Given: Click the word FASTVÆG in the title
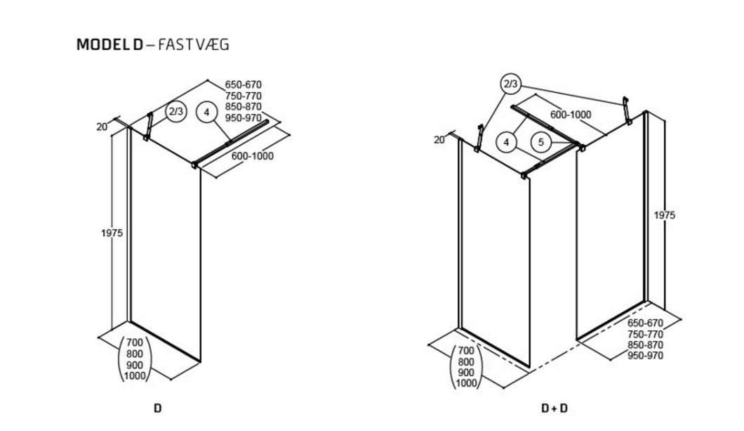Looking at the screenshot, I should (x=194, y=45).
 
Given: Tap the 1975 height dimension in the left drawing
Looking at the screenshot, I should (x=111, y=233).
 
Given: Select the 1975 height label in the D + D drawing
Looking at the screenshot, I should (x=664, y=216).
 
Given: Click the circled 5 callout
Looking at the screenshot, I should (x=541, y=142).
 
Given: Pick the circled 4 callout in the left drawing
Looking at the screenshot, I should (x=206, y=111).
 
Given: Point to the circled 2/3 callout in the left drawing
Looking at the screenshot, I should (x=175, y=111).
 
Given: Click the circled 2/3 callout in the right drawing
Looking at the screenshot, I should (x=510, y=84).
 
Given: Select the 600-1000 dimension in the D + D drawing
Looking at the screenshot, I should (x=570, y=115).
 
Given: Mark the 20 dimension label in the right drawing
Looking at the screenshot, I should (x=439, y=140).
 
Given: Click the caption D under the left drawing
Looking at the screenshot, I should (x=157, y=407).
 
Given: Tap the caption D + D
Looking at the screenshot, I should (x=555, y=407).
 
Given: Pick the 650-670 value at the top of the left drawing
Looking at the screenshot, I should (x=244, y=85).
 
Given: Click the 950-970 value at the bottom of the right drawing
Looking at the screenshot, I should (x=645, y=354).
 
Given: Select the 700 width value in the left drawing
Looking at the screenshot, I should (x=135, y=344).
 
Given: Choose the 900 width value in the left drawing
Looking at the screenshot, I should (x=135, y=365).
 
